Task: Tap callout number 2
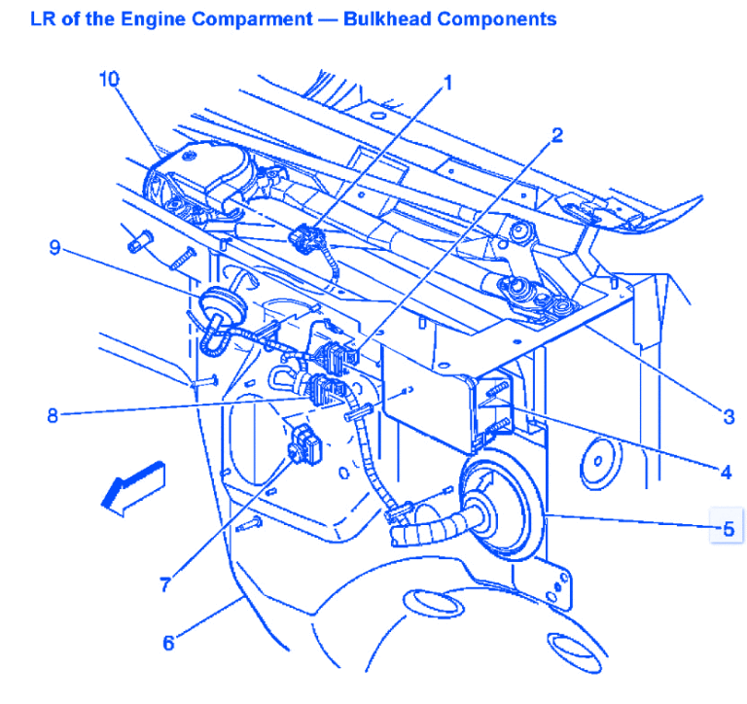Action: (x=557, y=135)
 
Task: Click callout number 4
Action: (x=725, y=473)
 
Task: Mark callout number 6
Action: (x=168, y=643)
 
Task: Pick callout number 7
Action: (x=168, y=583)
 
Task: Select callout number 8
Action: (x=53, y=415)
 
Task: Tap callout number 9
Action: (x=55, y=248)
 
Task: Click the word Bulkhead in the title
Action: (x=387, y=18)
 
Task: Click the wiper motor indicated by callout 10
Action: (x=199, y=175)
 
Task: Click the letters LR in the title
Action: (x=44, y=18)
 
